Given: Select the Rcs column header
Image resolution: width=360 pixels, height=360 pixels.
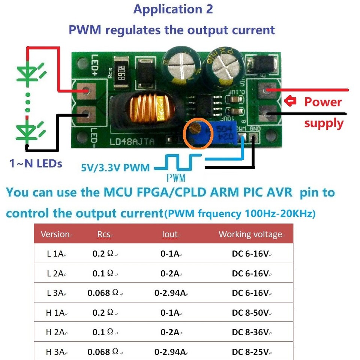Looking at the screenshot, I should (103, 234).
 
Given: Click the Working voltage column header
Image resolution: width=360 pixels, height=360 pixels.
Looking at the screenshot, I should (250, 234).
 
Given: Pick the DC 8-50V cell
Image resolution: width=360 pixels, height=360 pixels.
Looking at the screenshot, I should (250, 312).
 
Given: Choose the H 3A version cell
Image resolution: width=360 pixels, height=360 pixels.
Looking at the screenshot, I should (55, 352).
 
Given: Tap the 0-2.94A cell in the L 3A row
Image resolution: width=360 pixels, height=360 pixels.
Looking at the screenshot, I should (170, 293).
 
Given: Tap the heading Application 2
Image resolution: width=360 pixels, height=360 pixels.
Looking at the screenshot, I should (173, 9).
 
